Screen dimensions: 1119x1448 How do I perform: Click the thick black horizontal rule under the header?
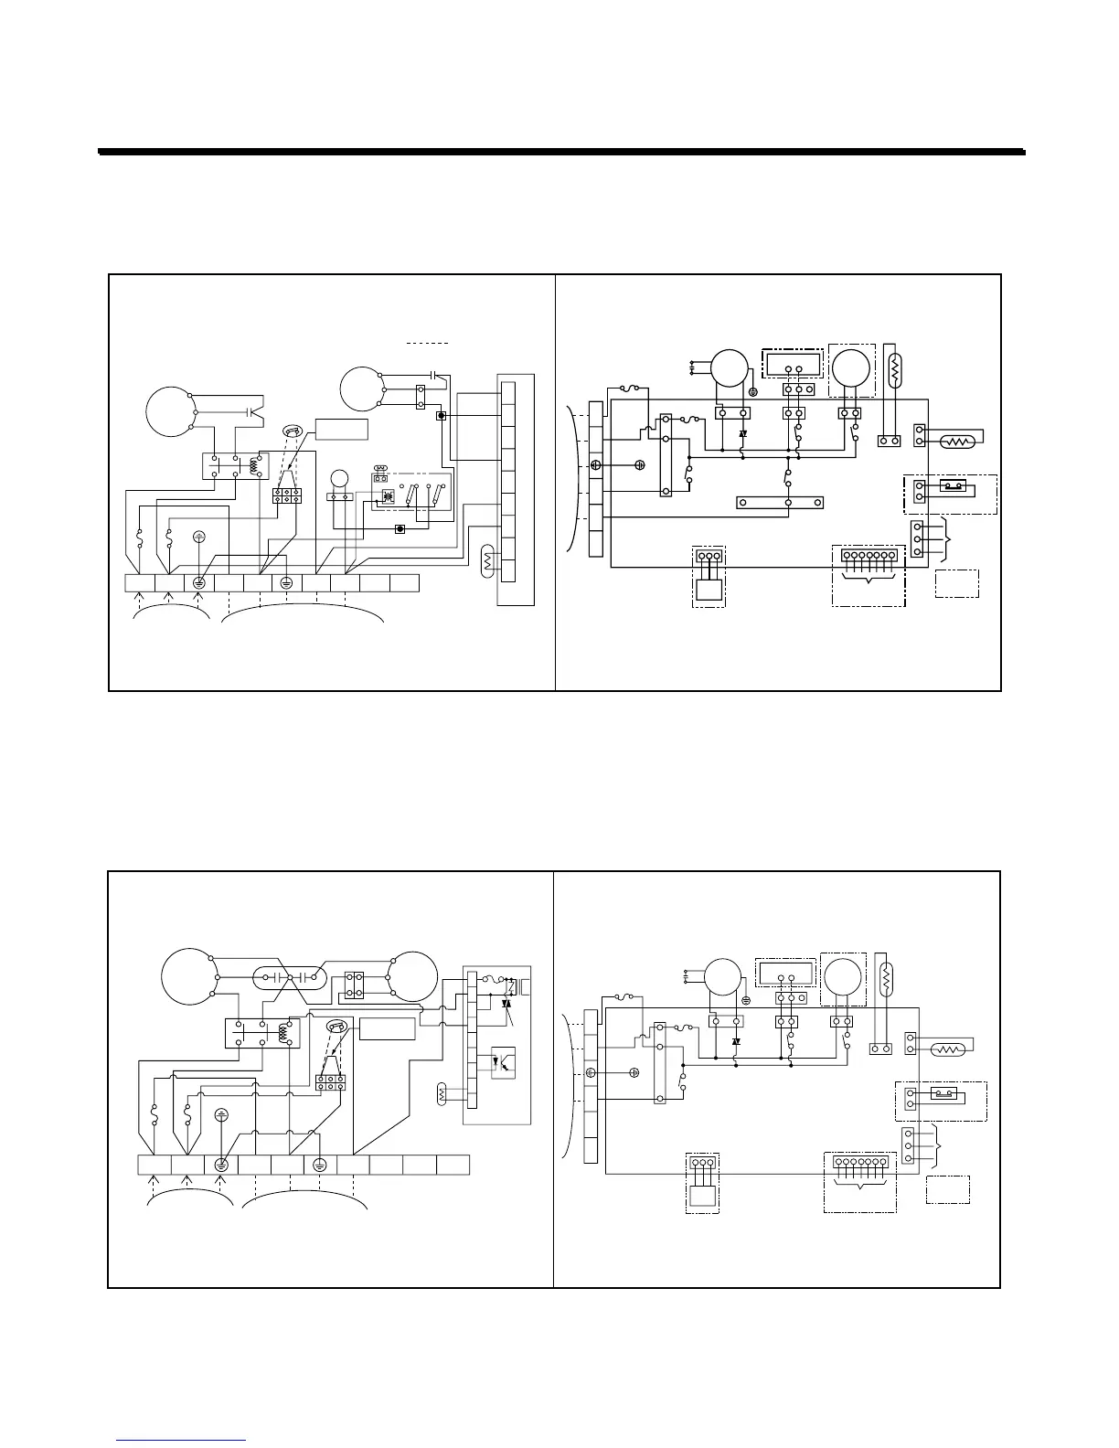(x=561, y=152)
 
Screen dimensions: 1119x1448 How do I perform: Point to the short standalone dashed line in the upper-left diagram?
(x=428, y=343)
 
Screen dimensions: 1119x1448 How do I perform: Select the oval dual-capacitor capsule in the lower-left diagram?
(x=288, y=977)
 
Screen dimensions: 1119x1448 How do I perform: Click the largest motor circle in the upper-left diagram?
(x=170, y=412)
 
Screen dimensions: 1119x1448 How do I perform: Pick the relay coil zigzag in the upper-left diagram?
(x=253, y=466)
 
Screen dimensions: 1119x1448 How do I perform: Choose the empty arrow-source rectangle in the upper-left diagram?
(x=342, y=429)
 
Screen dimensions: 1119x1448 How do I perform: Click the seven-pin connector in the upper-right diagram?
(x=868, y=556)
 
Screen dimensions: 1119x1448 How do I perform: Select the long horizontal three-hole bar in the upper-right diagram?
(x=780, y=502)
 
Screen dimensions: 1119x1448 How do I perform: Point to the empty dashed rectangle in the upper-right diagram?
(x=956, y=583)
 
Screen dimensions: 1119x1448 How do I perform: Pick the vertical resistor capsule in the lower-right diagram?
(x=884, y=981)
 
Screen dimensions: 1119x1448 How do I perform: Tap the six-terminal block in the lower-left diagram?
(x=331, y=1083)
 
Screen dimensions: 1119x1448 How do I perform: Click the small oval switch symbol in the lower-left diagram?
(x=337, y=1027)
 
